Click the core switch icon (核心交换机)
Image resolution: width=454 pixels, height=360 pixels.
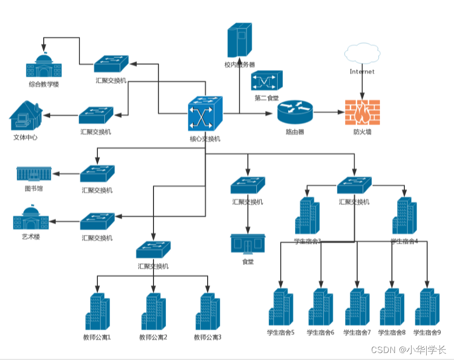coord(205,114)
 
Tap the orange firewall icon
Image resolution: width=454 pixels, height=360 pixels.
coord(362,112)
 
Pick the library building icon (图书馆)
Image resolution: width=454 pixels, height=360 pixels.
coord(34,174)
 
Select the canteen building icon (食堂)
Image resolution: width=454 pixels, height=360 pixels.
coord(247,243)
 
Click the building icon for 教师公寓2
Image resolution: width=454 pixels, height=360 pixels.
coord(153,312)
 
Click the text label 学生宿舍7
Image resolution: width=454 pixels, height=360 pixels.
coord(357,333)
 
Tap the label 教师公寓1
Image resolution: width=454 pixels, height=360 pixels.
coord(97,338)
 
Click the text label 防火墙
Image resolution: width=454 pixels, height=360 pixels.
coord(362,132)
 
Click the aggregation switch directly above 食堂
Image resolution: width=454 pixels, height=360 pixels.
coord(247,186)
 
